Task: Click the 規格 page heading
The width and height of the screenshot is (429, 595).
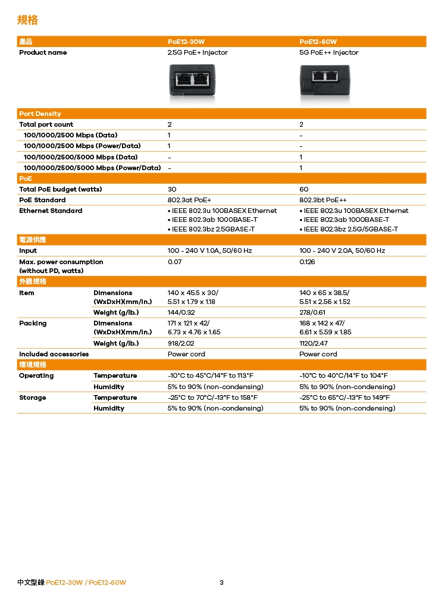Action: click(27, 20)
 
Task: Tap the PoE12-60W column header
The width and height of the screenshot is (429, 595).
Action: click(318, 42)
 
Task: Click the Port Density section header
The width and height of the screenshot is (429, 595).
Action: click(40, 114)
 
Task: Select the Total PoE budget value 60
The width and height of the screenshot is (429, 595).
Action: click(304, 189)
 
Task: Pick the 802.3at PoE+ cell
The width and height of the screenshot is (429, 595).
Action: click(189, 200)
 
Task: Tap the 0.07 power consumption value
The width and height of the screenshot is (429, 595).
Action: click(175, 262)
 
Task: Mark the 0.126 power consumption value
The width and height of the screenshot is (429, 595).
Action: click(308, 262)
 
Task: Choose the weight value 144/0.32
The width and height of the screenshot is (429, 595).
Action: click(181, 312)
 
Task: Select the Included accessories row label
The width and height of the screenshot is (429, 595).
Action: click(54, 354)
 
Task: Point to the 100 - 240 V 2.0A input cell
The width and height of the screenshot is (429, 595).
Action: click(342, 250)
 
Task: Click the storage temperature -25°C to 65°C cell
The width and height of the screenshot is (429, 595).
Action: click(345, 397)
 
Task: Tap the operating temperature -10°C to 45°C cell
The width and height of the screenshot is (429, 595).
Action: click(211, 375)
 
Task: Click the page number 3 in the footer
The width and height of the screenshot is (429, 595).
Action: click(221, 583)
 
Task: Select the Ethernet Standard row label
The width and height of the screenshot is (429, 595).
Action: click(51, 211)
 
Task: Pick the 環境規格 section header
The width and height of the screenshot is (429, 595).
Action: click(33, 365)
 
